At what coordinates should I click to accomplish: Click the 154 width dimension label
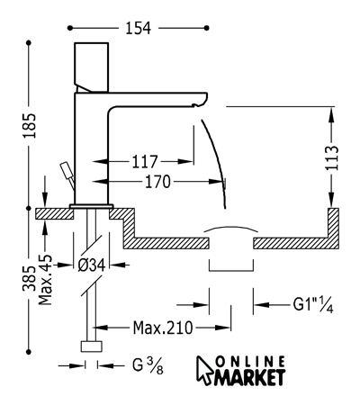click(x=138, y=28)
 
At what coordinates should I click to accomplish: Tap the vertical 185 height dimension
click(x=30, y=126)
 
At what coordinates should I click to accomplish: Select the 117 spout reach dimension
click(x=145, y=162)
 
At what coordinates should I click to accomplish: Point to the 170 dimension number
click(x=157, y=182)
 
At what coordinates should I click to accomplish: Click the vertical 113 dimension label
click(x=332, y=157)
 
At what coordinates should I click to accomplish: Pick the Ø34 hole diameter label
click(x=92, y=265)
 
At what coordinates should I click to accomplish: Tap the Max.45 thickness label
click(x=46, y=280)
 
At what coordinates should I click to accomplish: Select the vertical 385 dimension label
click(x=30, y=278)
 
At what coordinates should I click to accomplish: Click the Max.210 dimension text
click(x=163, y=328)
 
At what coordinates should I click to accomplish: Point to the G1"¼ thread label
click(x=313, y=305)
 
